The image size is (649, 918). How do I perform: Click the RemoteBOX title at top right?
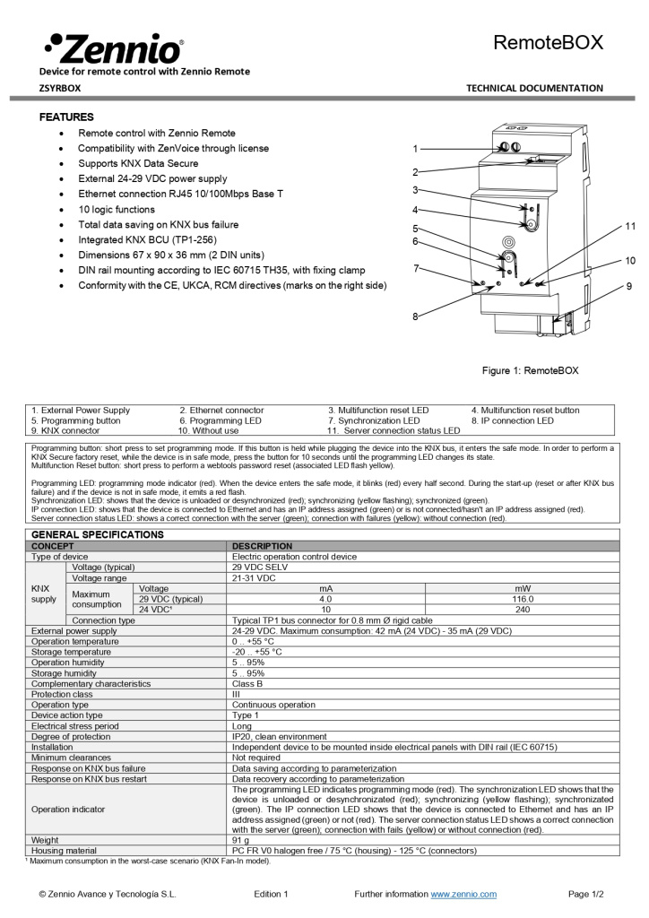point(549,42)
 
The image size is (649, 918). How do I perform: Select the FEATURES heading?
point(66,117)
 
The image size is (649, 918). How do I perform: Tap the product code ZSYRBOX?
point(60,88)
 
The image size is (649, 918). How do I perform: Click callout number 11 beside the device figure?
point(630,226)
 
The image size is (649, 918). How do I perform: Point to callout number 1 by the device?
point(415,148)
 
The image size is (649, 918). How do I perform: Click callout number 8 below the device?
point(415,316)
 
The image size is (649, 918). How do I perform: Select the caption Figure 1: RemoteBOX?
point(530,370)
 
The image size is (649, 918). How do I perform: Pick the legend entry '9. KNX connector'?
point(65,430)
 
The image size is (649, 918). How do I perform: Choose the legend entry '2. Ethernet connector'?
point(221,410)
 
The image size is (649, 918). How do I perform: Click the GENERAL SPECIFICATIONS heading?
point(98,534)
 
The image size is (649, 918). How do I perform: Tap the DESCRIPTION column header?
point(262,545)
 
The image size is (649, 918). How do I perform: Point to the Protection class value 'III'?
point(237,694)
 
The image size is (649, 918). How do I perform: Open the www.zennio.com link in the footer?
point(463,894)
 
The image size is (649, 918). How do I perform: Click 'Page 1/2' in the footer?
point(585,894)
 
